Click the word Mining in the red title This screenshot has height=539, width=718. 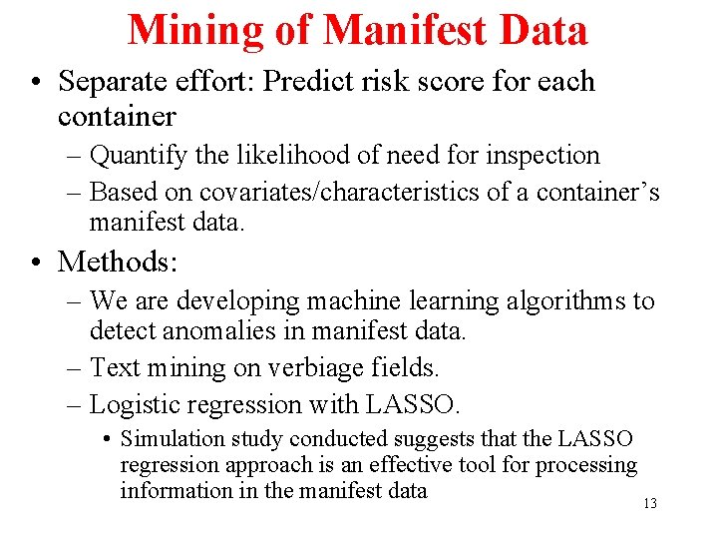[x=196, y=30]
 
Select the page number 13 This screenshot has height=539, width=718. [x=649, y=504]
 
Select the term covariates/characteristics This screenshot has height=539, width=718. [x=341, y=192]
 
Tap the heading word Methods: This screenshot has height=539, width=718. [x=118, y=263]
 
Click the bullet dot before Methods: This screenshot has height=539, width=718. [x=36, y=264]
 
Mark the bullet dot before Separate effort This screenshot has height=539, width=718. [x=36, y=83]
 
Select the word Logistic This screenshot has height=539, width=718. [x=133, y=404]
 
